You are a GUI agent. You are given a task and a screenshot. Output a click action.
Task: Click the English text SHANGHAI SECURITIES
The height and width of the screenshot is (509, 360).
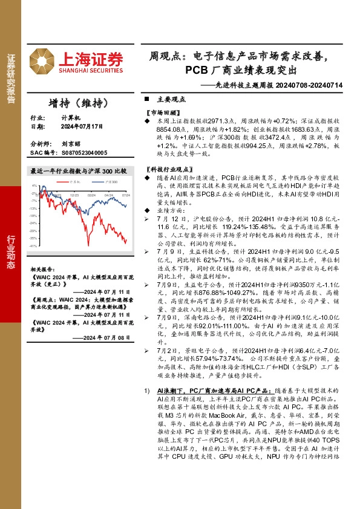click(91, 71)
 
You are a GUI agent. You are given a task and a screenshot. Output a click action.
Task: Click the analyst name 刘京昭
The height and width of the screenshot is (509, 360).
click(71, 145)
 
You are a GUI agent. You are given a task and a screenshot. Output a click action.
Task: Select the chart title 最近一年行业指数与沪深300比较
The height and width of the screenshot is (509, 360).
click(78, 171)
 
